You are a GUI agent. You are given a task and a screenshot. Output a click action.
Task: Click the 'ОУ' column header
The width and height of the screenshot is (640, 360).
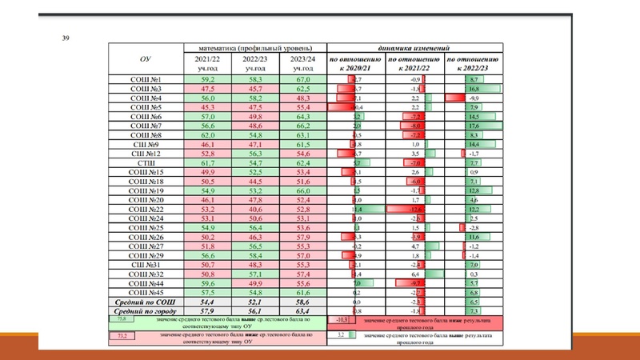pyautogui.click(x=146, y=59)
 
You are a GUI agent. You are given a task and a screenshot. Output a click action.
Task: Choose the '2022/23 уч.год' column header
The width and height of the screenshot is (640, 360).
pyautogui.click(x=254, y=64)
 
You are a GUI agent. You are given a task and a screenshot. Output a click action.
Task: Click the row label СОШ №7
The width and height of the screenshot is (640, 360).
pyautogui.click(x=146, y=126)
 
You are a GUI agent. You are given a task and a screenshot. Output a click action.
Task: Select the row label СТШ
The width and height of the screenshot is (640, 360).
pyautogui.click(x=146, y=162)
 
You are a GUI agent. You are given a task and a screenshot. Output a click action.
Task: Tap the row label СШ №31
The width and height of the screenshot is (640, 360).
pyautogui.click(x=146, y=264)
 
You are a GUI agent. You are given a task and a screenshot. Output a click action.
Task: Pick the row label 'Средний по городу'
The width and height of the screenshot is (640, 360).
pyautogui.click(x=146, y=310)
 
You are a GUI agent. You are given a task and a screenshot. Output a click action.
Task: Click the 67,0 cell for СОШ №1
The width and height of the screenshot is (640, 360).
pyautogui.click(x=302, y=80)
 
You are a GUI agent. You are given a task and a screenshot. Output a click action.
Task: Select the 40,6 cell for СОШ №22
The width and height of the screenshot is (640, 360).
pyautogui.click(x=254, y=209)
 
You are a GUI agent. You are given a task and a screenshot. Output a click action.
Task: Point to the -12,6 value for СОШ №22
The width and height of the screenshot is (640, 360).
pyautogui.click(x=414, y=209)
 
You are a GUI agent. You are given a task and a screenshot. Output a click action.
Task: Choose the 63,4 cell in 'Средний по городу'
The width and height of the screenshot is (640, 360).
pyautogui.click(x=302, y=310)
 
